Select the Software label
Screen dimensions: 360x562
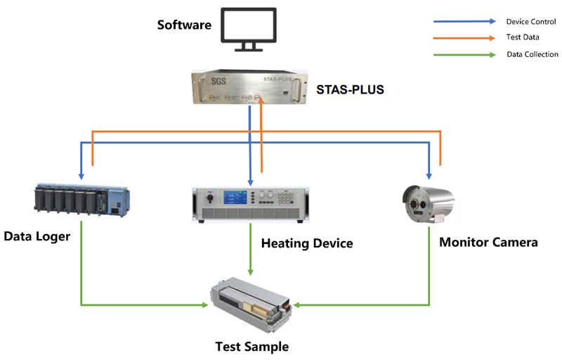coord(184,25)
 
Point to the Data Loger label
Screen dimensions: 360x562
coord(37,236)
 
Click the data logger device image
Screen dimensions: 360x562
coord(81,200)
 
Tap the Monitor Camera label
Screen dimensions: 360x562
coord(488,243)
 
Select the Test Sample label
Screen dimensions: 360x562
coord(251,347)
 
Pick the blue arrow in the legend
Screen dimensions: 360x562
coord(464,21)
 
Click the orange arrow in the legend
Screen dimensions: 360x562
coord(464,37)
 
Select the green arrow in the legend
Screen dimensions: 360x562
coord(464,54)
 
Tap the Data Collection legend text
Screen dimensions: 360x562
coord(532,54)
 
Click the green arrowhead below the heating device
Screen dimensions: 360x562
coord(251,271)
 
